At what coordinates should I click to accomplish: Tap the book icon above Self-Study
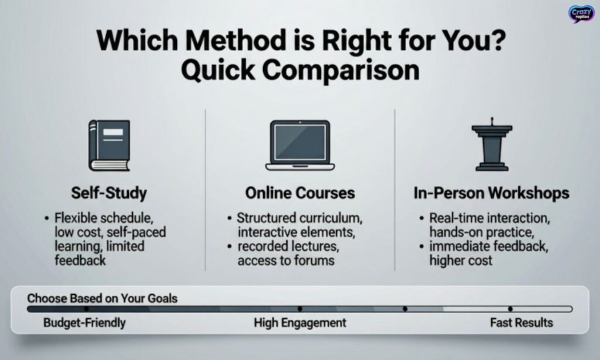(109, 145)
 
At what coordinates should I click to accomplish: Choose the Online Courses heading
(300, 193)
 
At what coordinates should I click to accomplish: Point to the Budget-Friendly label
(84, 322)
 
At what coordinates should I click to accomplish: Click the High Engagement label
(300, 322)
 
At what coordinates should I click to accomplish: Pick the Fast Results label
(521, 322)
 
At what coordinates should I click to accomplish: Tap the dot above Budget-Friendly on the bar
(86, 308)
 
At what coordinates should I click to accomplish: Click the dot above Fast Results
(510, 308)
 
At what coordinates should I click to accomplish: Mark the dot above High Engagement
(300, 308)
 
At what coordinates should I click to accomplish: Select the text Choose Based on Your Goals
(102, 298)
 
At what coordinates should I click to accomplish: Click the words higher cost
(461, 260)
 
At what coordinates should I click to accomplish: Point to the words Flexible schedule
(104, 219)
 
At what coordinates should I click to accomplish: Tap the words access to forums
(286, 260)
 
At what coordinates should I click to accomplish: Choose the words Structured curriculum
(300, 219)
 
